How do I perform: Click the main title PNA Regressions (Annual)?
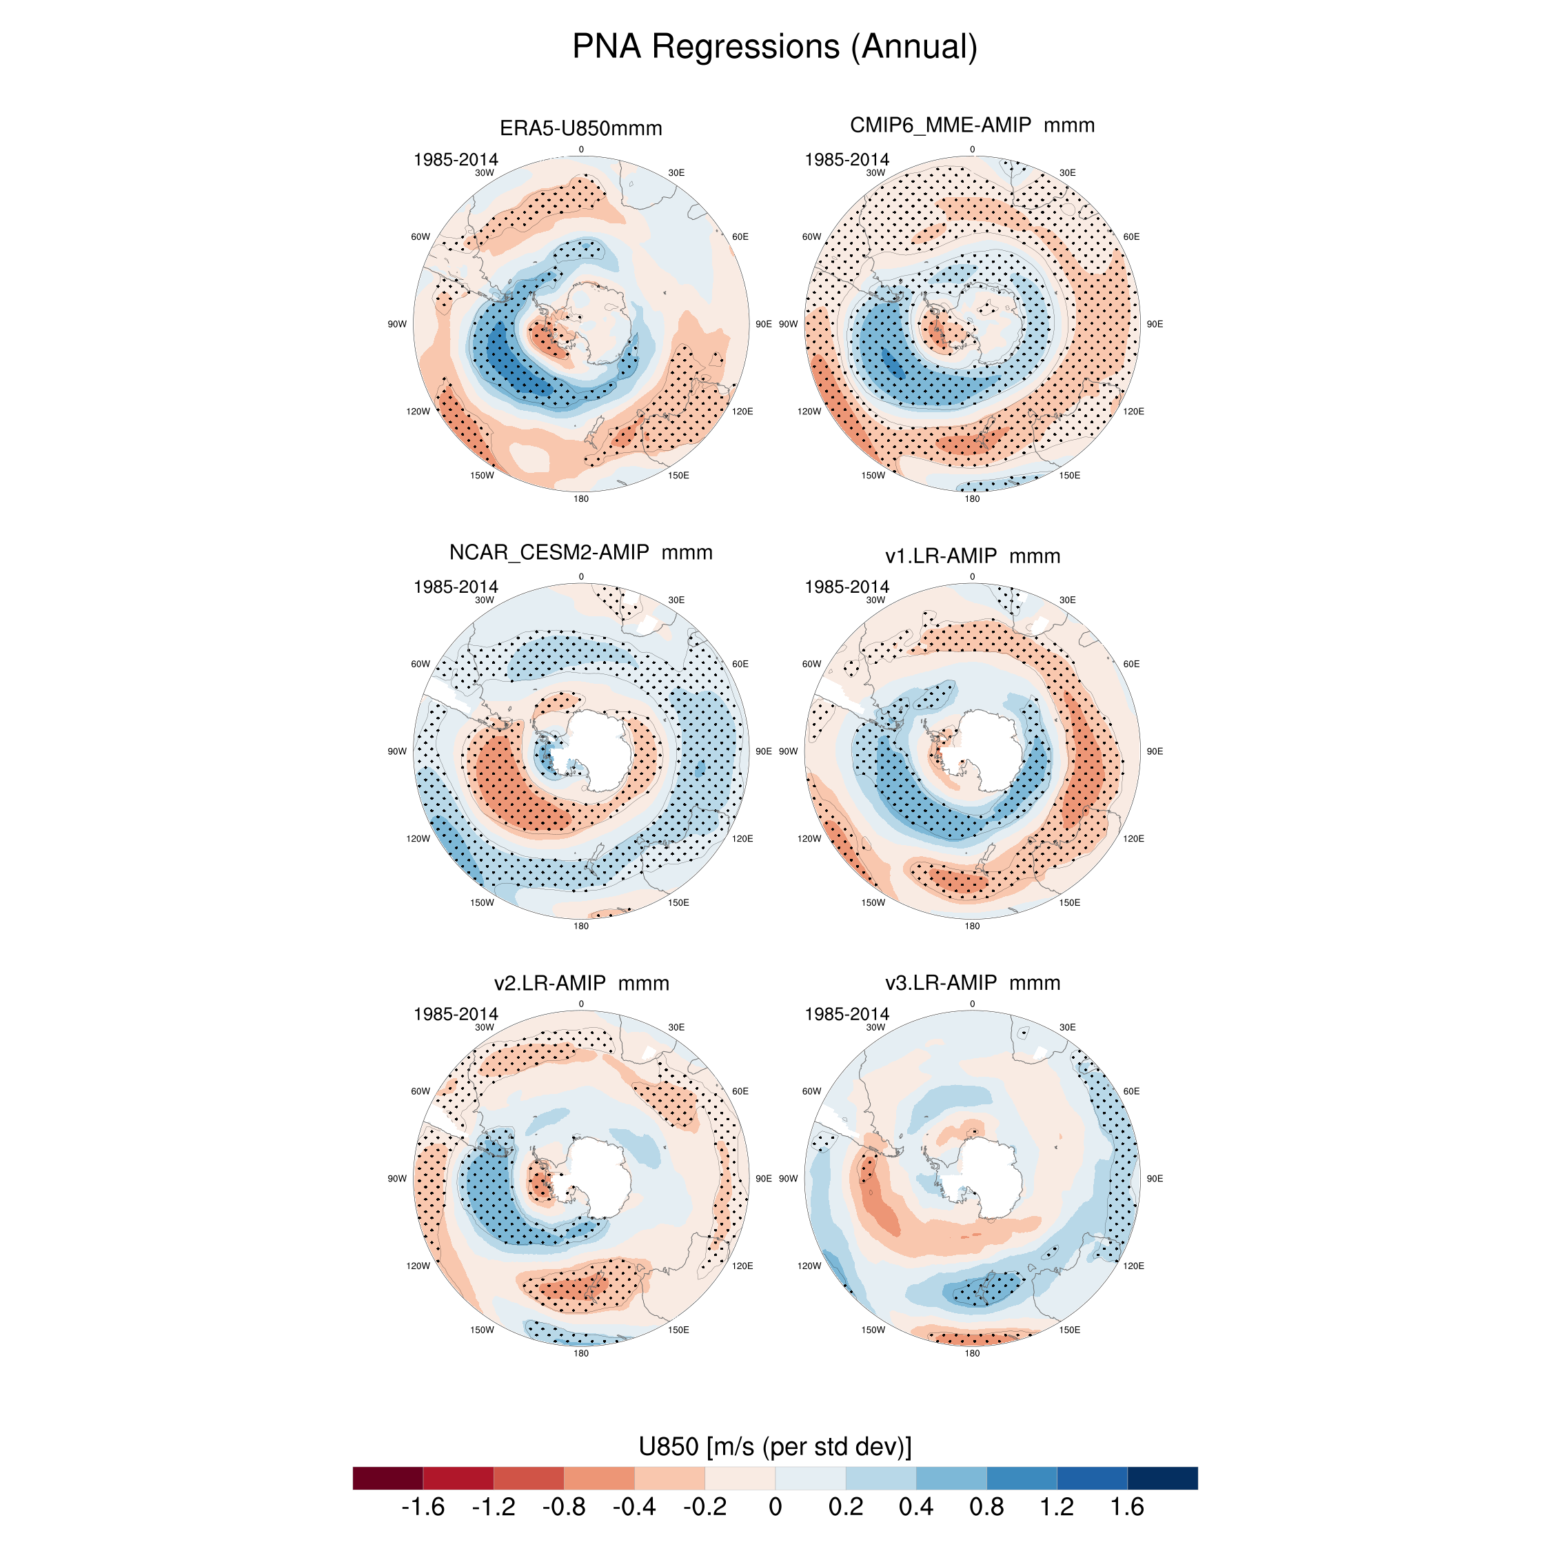(x=775, y=47)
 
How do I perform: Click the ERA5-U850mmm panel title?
(x=580, y=128)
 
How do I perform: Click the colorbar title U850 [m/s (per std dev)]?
(x=775, y=1447)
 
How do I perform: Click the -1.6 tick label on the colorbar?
(x=423, y=1507)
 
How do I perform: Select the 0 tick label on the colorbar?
(x=775, y=1507)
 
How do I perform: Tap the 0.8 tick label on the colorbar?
(x=986, y=1507)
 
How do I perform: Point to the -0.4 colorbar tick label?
(x=634, y=1507)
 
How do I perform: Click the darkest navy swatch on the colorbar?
(x=1162, y=1478)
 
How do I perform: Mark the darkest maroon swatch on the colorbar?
(x=387, y=1478)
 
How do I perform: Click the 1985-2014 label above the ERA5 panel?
(x=455, y=160)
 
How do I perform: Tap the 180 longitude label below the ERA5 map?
(x=580, y=498)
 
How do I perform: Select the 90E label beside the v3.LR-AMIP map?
(x=1155, y=1179)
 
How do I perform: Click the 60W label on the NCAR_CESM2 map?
(x=420, y=664)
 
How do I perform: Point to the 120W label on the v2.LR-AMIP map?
(x=418, y=1266)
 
